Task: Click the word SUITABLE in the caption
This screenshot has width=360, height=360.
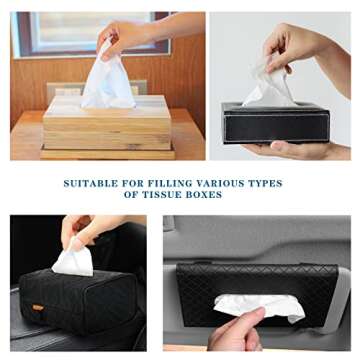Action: click(x=89, y=184)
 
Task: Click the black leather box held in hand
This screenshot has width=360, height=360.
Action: click(x=276, y=122)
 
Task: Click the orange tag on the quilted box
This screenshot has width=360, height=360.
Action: click(x=37, y=306)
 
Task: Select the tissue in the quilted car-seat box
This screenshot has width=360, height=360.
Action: click(x=72, y=262)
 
